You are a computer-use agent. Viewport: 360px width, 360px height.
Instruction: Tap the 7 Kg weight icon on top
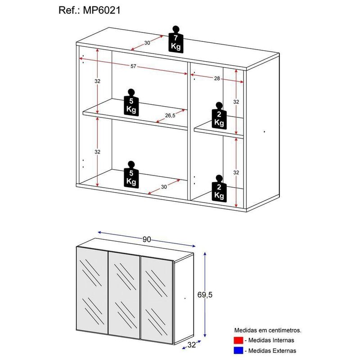coord(176,40)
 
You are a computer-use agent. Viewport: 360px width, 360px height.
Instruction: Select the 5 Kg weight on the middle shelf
coord(131,103)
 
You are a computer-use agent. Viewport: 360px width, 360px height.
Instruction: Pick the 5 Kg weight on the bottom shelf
coord(131,175)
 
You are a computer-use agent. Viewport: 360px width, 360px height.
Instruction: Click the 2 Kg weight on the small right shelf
coord(219,117)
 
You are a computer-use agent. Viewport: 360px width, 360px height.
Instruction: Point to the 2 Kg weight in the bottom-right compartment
coord(219,189)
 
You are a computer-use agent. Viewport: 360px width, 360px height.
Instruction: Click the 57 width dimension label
coord(133,67)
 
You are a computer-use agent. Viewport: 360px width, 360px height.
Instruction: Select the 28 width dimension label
coord(217,79)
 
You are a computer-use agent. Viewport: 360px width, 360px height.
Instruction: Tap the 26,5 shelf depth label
coord(170,115)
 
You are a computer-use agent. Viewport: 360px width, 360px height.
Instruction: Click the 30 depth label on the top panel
coord(147,43)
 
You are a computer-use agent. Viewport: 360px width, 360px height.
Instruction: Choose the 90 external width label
coord(146,239)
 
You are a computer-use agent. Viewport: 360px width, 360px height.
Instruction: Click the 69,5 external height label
coord(217,295)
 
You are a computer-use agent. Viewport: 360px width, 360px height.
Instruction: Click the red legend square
coord(238,340)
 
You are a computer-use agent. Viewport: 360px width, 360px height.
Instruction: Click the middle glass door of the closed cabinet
coord(125,295)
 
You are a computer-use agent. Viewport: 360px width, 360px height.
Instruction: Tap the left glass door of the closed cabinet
coord(93,295)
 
